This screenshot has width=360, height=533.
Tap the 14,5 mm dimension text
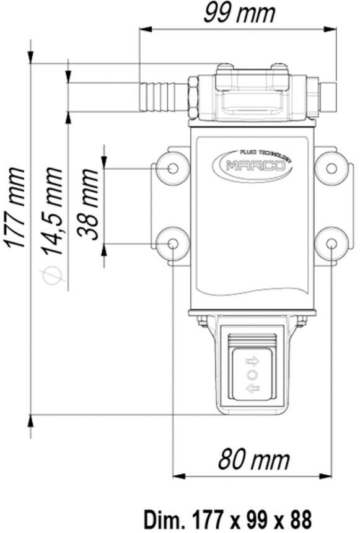point(52,211)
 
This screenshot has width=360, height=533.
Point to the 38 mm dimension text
point(88,204)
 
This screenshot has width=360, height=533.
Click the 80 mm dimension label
point(253,460)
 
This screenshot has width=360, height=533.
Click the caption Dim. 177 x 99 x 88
point(228,519)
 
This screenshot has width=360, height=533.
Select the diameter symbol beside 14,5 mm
point(52,275)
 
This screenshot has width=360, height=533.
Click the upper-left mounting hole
point(173,168)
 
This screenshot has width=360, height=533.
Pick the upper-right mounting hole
point(331,168)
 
